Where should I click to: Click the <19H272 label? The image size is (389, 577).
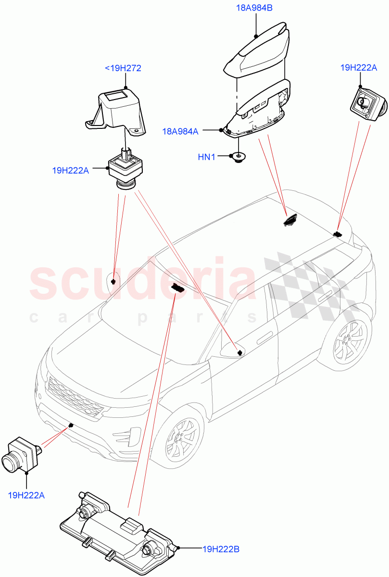pos(123,68)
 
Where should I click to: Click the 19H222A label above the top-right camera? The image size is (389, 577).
pos(358,68)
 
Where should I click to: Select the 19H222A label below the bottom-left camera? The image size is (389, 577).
pos(26,494)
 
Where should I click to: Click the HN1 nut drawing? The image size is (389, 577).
pos(238,157)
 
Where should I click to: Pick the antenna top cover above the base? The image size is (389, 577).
pos(260,50)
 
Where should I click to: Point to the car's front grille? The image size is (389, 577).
pos(75,393)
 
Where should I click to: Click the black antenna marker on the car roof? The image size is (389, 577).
pos(289,220)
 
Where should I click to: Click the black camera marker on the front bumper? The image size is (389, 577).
pos(71,425)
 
